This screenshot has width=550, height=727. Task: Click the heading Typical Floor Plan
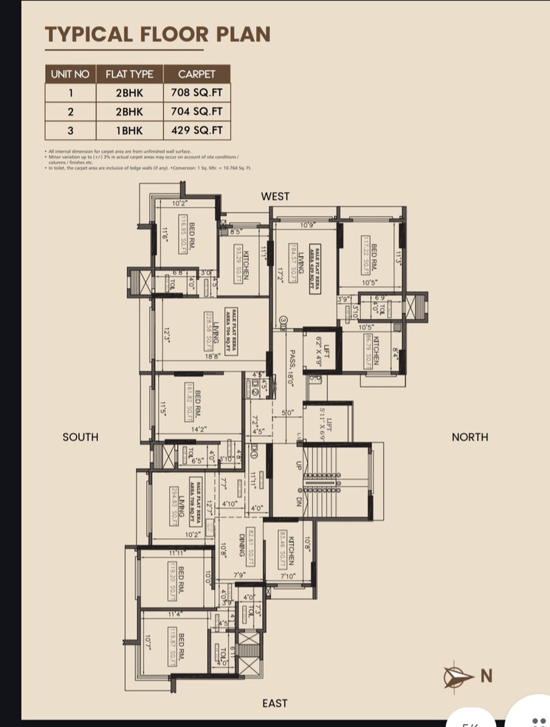(157, 34)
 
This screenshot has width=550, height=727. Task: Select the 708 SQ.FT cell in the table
(196, 93)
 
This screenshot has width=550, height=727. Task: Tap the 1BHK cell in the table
(129, 131)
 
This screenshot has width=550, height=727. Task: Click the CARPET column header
(196, 74)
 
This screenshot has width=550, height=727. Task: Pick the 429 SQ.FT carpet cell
(196, 131)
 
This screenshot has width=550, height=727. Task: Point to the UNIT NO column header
(70, 74)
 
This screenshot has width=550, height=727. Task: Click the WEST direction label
(275, 197)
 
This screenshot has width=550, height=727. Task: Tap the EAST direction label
(275, 703)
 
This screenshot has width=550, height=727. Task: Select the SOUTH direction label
(80, 437)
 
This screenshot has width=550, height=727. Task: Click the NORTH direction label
(470, 437)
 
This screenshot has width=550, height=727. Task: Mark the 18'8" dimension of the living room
(213, 356)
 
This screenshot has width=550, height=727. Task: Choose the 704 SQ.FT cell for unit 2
(196, 112)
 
